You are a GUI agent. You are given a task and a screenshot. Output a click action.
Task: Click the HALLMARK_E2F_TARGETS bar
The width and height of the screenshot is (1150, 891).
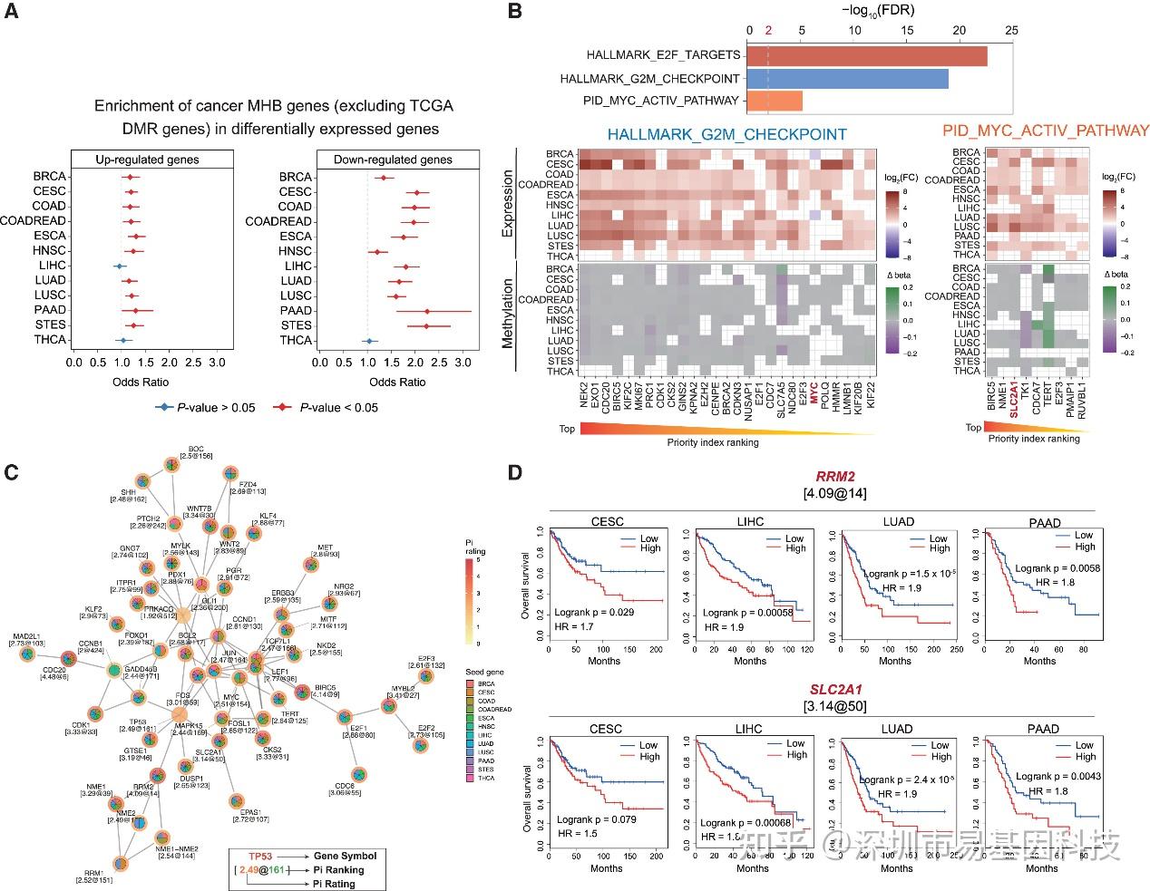867,55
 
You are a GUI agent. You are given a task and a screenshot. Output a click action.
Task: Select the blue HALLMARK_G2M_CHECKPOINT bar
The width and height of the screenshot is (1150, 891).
848,78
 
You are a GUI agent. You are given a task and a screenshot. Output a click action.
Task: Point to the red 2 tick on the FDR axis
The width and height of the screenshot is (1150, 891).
768,30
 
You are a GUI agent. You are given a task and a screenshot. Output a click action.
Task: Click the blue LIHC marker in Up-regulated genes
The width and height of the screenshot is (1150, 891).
118,266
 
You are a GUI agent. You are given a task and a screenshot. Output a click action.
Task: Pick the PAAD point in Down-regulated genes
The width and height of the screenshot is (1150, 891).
426,311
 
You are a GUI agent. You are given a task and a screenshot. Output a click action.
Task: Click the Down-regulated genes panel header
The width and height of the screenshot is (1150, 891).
393,160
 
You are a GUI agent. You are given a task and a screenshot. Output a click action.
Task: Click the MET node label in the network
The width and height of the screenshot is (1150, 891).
325,547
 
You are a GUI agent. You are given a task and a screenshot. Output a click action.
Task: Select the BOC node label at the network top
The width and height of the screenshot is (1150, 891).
196,449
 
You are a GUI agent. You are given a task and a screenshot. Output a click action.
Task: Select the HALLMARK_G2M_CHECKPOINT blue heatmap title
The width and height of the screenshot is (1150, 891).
726,134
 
